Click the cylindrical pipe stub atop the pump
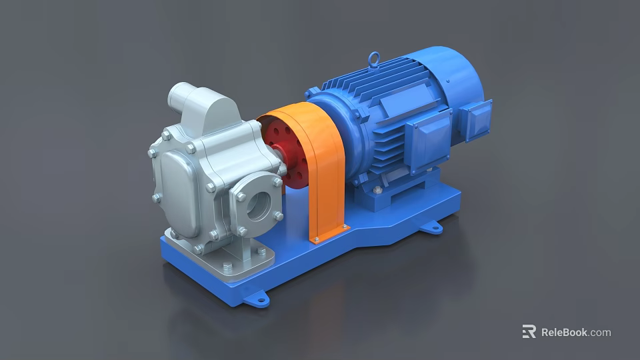tap(179, 97)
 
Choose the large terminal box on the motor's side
tap(427, 137)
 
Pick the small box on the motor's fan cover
tap(477, 120)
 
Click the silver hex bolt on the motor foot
tap(378, 191)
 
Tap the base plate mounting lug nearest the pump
tap(257, 298)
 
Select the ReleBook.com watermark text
tap(575, 332)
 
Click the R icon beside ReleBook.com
tap(529, 332)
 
